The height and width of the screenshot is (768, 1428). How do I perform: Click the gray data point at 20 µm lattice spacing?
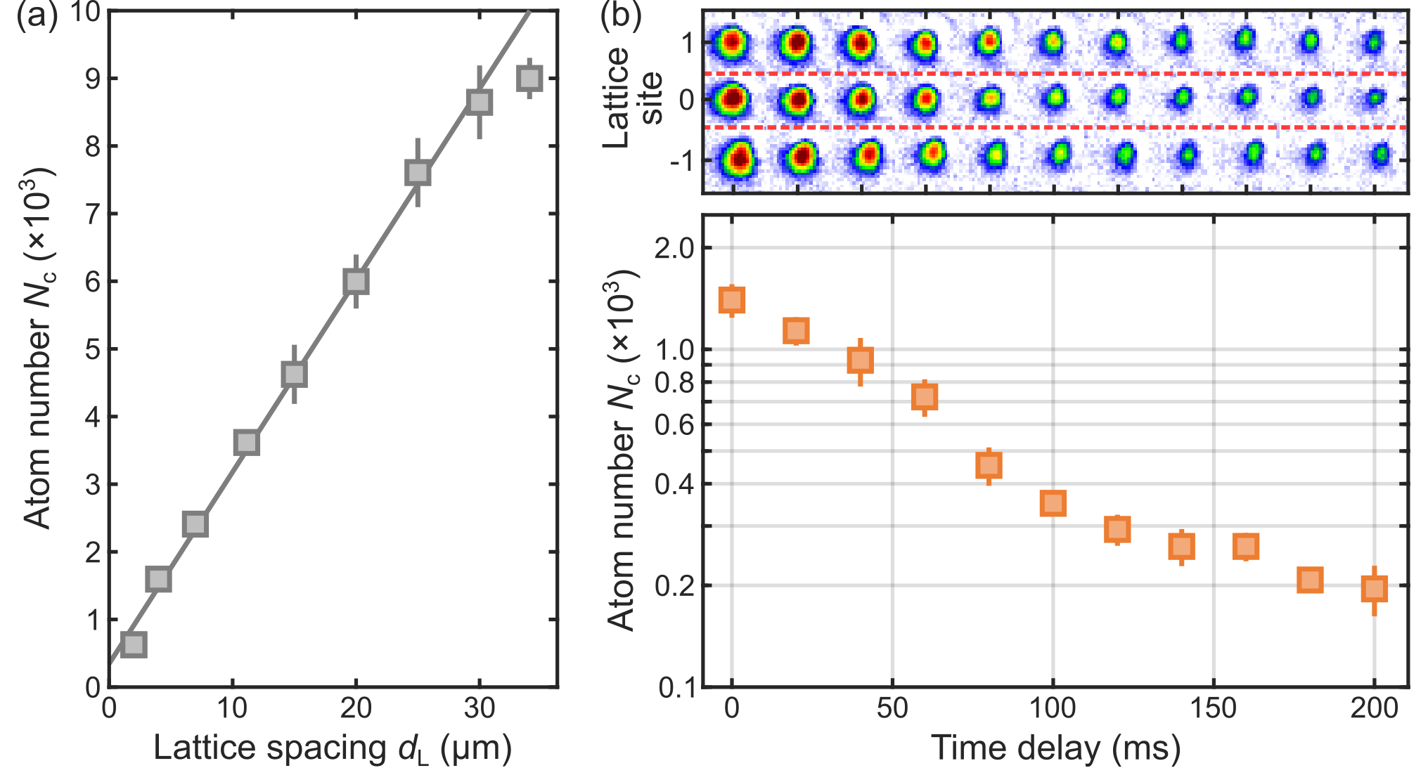click(356, 282)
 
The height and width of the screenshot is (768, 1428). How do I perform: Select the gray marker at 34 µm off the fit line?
click(529, 78)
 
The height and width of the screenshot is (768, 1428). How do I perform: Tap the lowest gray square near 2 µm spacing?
click(134, 644)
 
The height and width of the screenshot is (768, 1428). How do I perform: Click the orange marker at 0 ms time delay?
click(732, 301)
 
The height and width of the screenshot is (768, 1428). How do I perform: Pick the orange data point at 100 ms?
click(1053, 503)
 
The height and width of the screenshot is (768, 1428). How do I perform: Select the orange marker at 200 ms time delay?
click(1374, 588)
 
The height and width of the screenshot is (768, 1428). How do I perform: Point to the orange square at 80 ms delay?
click(989, 465)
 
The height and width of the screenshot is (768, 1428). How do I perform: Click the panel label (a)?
click(37, 15)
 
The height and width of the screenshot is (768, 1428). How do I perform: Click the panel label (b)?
click(621, 15)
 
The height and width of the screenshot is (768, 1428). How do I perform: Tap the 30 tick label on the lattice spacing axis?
click(479, 708)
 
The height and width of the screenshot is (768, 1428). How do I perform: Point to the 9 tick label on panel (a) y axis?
click(92, 78)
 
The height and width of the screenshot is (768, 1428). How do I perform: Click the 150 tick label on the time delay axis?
click(1213, 708)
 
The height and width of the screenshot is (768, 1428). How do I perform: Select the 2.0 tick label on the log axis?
click(674, 248)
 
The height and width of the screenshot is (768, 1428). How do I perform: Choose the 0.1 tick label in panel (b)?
click(676, 688)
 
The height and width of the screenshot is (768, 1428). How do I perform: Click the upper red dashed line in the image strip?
click(1055, 73)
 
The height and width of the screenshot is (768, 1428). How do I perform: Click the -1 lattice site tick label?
click(681, 161)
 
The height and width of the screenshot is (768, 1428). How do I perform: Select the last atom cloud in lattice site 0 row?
click(1374, 98)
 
